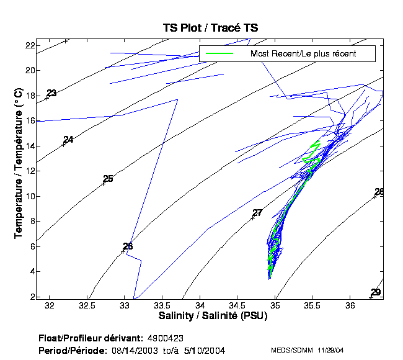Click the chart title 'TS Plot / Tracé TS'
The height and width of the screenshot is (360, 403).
pyautogui.click(x=210, y=28)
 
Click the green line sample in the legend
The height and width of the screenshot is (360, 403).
pyautogui.click(x=218, y=54)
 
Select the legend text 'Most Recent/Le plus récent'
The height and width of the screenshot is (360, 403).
pyautogui.click(x=303, y=54)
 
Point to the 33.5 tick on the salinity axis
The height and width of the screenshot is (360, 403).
pyautogui.click(x=162, y=306)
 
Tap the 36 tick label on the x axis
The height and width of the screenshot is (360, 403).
pyautogui.click(x=350, y=306)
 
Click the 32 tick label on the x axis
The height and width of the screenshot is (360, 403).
pyautogui.click(x=50, y=306)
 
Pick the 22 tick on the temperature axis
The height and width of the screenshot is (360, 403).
pyautogui.click(x=29, y=45)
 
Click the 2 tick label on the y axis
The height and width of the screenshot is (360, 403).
pyautogui.click(x=32, y=297)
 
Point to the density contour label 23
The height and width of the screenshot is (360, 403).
pyautogui.click(x=51, y=93)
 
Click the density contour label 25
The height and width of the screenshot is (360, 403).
pyautogui.click(x=108, y=179)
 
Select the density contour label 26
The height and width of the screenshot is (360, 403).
pyautogui.click(x=128, y=246)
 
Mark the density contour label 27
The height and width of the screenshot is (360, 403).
pyautogui.click(x=257, y=213)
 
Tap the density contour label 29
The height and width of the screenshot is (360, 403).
pyautogui.click(x=376, y=292)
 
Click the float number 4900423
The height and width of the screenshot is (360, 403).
pyautogui.click(x=166, y=338)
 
